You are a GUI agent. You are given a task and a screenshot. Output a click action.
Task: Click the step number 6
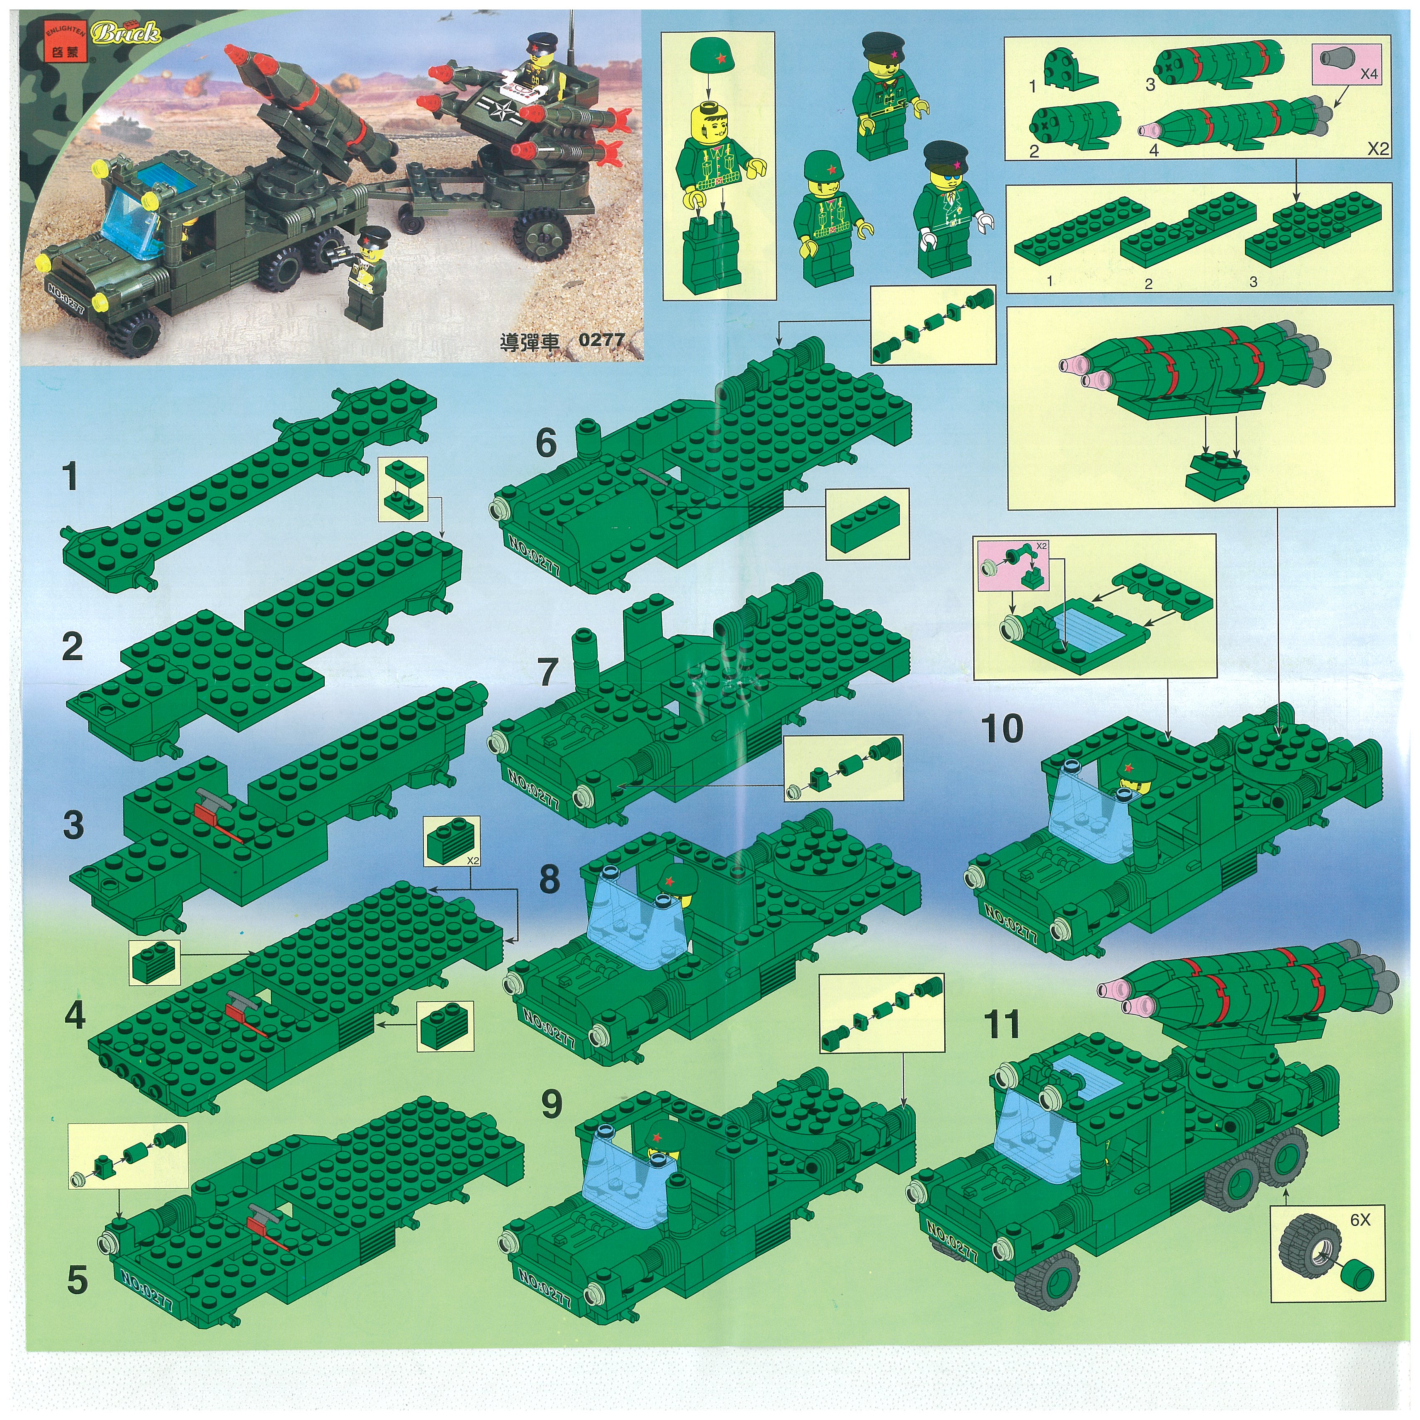point(546,443)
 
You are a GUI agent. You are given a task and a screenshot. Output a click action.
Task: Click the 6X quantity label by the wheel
point(1360,1219)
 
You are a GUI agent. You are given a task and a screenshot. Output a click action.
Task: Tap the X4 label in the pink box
point(1368,74)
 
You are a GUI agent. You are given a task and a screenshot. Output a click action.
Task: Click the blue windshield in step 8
point(638,908)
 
